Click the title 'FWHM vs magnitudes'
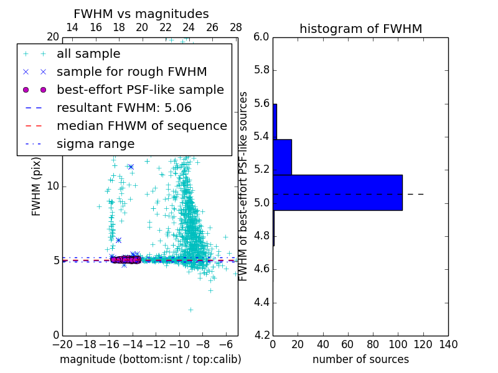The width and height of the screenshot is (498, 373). pos(141,14)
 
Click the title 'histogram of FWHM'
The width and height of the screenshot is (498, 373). pos(360,29)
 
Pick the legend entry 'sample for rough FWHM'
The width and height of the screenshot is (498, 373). pos(131,72)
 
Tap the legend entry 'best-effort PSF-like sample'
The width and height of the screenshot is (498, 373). pos(140,90)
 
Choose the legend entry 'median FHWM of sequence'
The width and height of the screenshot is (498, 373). pos(141,126)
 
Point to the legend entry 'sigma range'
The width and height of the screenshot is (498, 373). pos(95,144)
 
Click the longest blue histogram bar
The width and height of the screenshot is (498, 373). pos(337,193)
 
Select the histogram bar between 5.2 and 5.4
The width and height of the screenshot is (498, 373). pos(282,157)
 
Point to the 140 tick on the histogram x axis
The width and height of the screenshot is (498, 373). pos(448,344)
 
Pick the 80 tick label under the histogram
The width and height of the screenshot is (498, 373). pos(373,344)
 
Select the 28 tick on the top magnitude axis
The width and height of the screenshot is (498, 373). pos(236,27)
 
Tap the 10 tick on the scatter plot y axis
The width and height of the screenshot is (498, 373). pos(53,186)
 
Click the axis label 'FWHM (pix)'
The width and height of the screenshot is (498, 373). pos(37,186)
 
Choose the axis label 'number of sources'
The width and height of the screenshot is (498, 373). pos(360,359)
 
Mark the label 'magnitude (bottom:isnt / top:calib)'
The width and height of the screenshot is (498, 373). pos(150,359)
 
